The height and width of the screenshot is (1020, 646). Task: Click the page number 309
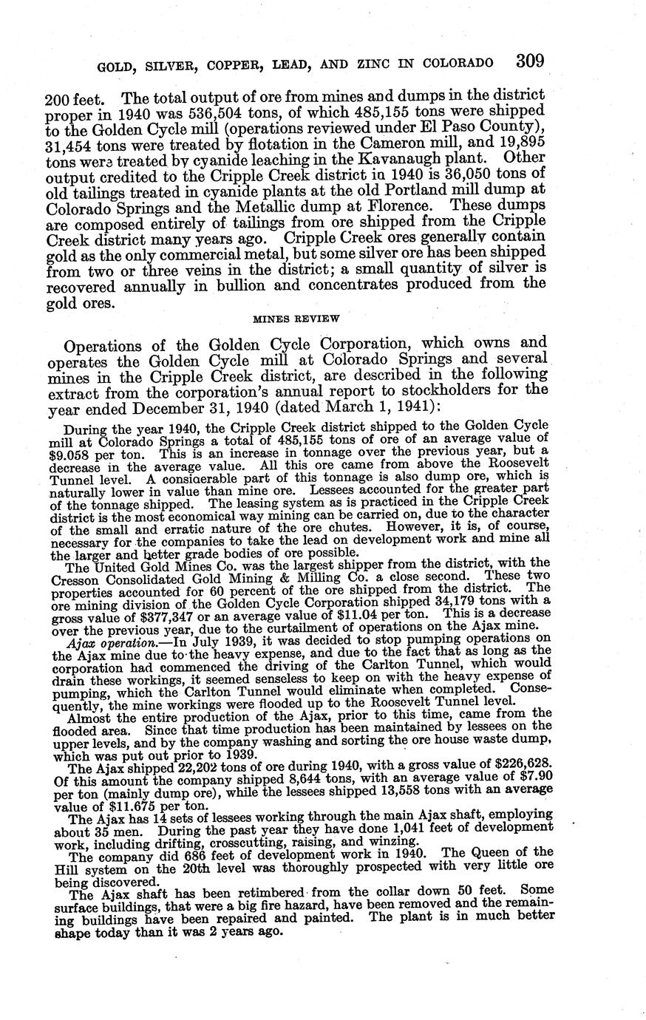[530, 61]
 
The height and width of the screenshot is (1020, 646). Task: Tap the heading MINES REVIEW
[296, 319]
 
